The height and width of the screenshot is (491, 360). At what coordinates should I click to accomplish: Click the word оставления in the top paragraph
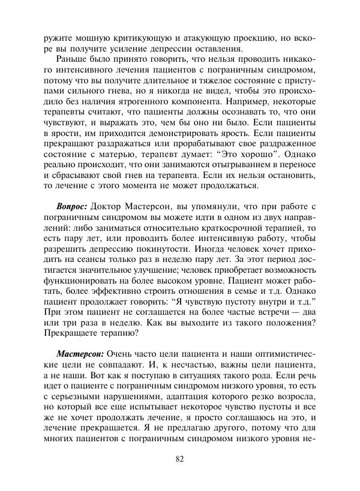[214, 49]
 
